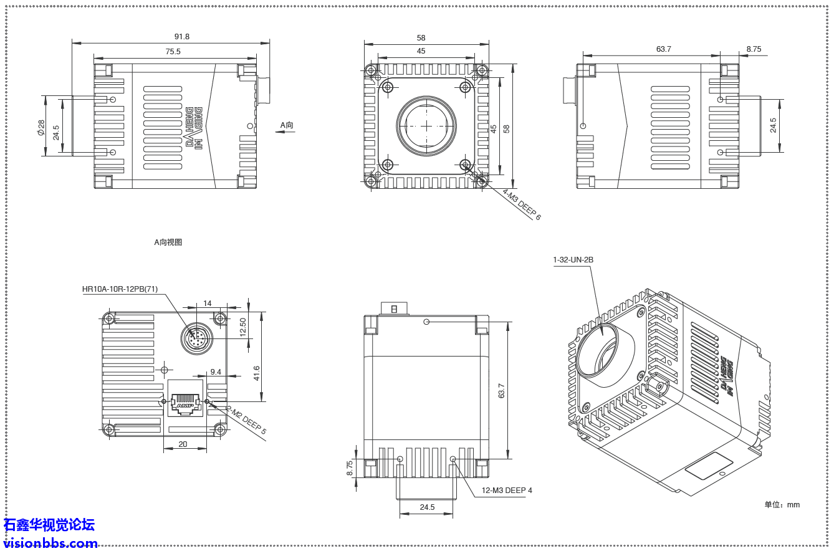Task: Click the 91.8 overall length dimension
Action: pyautogui.click(x=182, y=37)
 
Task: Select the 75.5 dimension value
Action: pyautogui.click(x=173, y=52)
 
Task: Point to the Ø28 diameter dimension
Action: pyautogui.click(x=41, y=128)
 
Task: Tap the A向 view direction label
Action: pyautogui.click(x=286, y=125)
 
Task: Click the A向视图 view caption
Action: pyautogui.click(x=168, y=242)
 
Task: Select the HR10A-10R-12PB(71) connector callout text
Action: pyautogui.click(x=120, y=289)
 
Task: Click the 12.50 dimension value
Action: pyautogui.click(x=243, y=327)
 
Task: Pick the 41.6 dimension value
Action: pyautogui.click(x=257, y=373)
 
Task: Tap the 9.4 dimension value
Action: pyautogui.click(x=216, y=371)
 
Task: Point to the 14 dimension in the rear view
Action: pyautogui.click(x=208, y=304)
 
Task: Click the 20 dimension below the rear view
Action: pyautogui.click(x=183, y=444)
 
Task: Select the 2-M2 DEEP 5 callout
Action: pyautogui.click(x=246, y=421)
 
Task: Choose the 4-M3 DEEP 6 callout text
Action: pyautogui.click(x=522, y=204)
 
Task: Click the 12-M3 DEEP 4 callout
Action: pyautogui.click(x=507, y=491)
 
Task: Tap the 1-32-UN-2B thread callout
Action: pyautogui.click(x=573, y=260)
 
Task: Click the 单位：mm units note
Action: pyautogui.click(x=782, y=505)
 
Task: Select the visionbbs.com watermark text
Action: pyautogui.click(x=49, y=544)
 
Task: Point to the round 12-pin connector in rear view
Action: pyautogui.click(x=196, y=338)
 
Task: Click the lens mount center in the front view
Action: pyautogui.click(x=426, y=125)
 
